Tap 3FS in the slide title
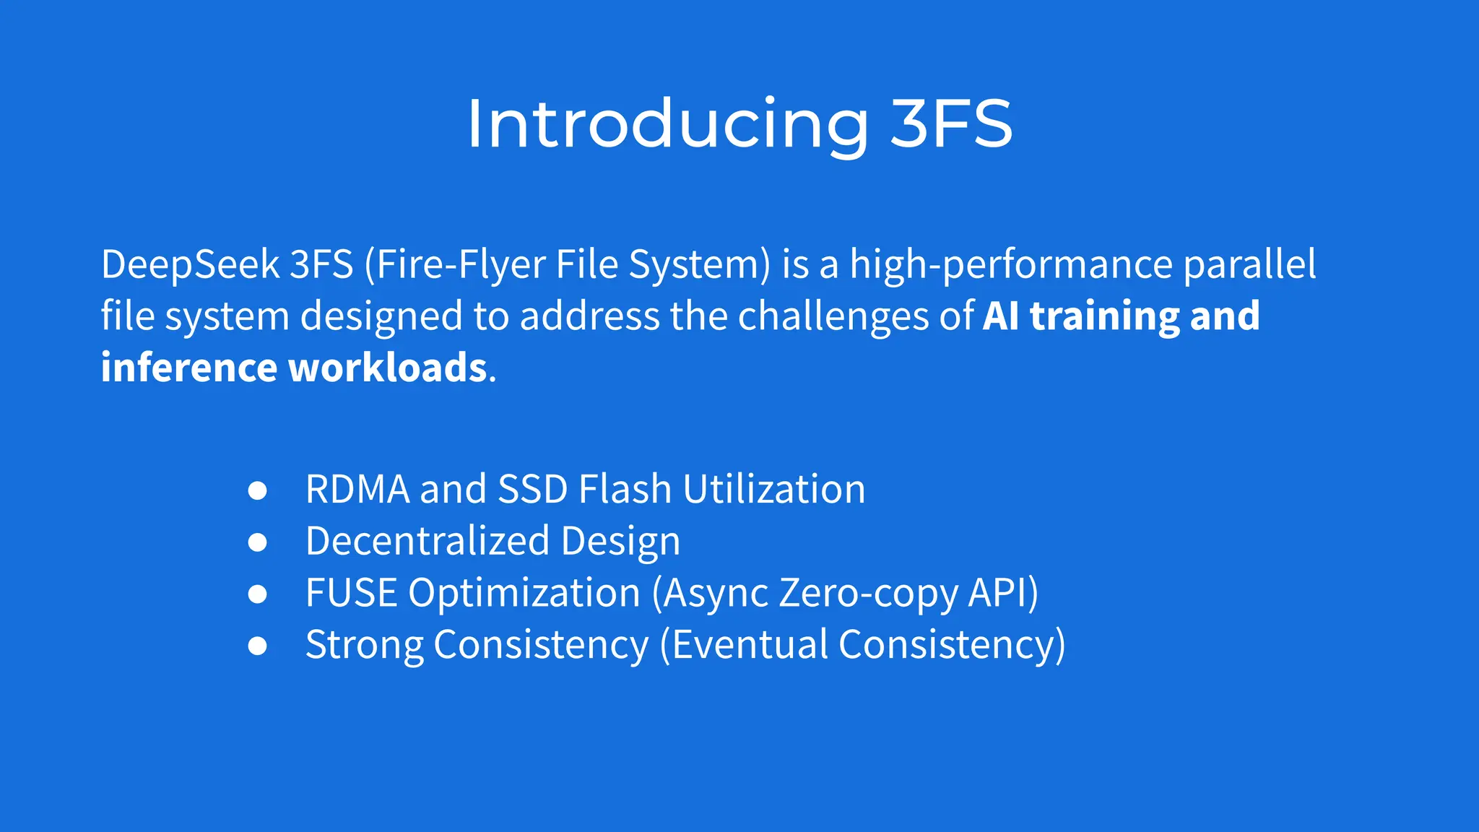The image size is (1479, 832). coord(951,124)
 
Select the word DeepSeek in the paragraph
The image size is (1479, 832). coord(190,264)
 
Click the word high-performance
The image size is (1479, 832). coord(1011,264)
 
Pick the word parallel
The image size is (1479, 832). coord(1249,264)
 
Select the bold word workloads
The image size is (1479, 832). coord(388,368)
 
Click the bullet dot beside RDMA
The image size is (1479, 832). coord(257,490)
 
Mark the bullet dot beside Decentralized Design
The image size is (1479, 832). coord(257,542)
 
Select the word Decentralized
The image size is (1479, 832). coord(428,541)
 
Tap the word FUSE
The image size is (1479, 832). coord(351,593)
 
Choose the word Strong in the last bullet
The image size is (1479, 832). coord(364,646)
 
